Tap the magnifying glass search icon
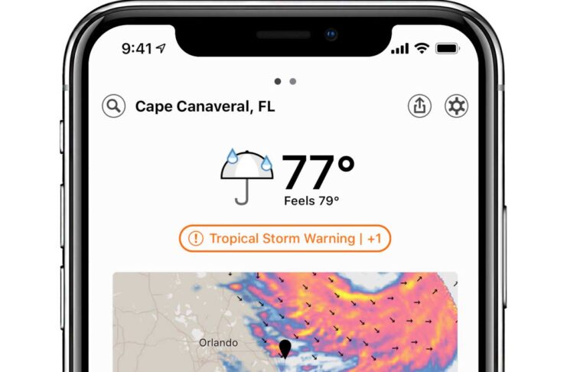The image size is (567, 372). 113,106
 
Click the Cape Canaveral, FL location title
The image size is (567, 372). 204,106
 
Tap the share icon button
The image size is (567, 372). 419,106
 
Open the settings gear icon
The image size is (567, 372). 457,106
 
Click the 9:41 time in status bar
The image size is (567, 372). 137,48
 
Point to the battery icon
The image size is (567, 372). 446,48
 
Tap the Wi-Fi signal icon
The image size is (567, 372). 421,48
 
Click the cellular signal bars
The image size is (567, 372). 399,49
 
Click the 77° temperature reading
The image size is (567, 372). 318,174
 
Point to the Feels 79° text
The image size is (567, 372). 311,201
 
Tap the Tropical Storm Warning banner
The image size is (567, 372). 285,239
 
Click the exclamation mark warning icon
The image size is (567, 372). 196,239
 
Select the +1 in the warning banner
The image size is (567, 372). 373,239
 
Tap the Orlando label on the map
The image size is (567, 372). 217,341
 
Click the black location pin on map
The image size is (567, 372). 286,349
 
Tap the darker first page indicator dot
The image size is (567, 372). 277,80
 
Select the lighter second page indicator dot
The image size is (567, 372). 292,80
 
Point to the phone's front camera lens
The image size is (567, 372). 331,34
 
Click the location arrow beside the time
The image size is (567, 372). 161,48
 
